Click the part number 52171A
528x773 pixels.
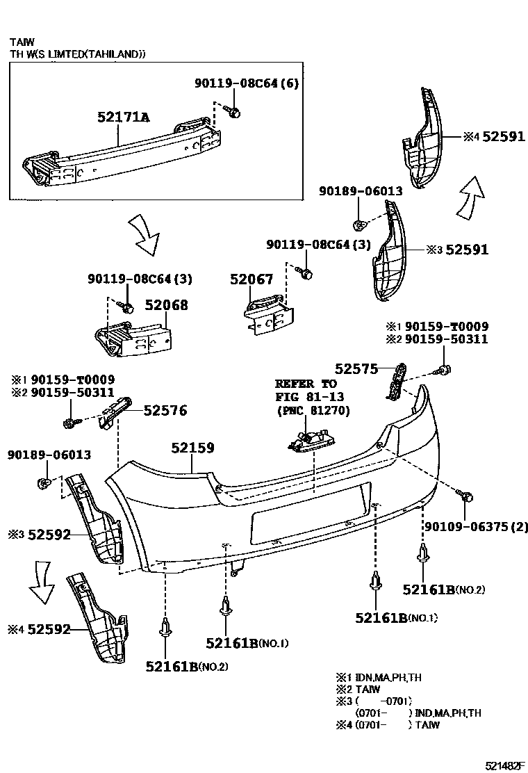[x=123, y=117]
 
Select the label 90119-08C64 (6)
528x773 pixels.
[x=246, y=83]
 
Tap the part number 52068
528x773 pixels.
[x=166, y=304]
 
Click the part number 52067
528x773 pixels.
[x=251, y=279]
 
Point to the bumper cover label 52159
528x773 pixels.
[x=192, y=448]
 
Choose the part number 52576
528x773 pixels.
[x=165, y=411]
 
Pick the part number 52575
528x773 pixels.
[x=356, y=368]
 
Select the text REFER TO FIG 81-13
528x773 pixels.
[x=306, y=390]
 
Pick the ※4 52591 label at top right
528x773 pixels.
[x=494, y=137]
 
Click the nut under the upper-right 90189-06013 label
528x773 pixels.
[x=359, y=224]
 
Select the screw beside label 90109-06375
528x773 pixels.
[x=468, y=496]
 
